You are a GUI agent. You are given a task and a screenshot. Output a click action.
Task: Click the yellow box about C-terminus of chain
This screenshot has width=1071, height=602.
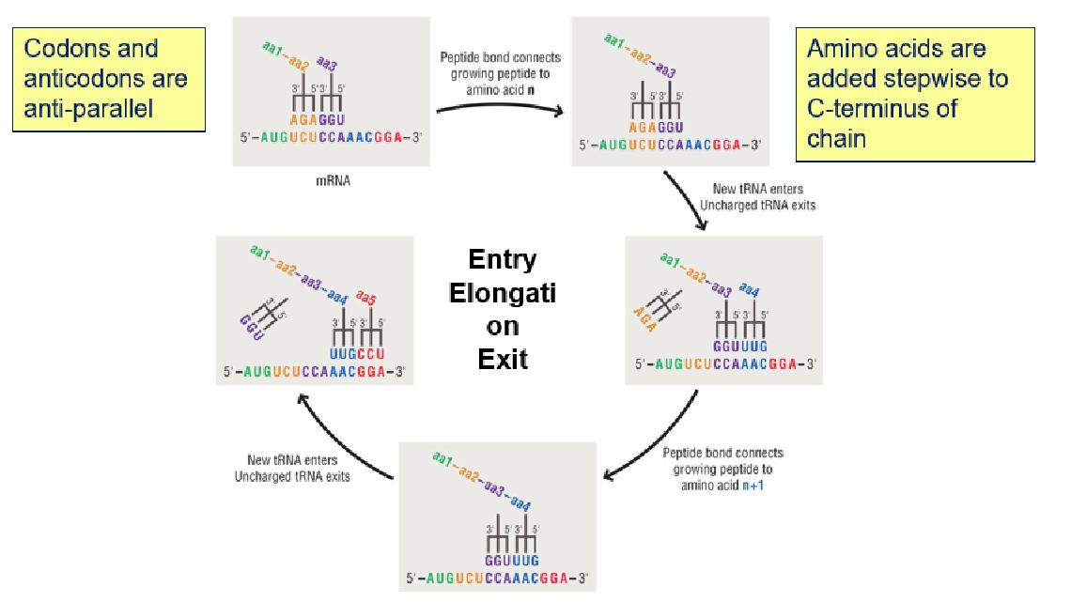914,94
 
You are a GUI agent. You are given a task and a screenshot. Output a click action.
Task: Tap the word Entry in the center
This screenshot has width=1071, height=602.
503,260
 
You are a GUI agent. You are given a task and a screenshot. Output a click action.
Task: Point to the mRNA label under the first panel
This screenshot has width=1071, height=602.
333,181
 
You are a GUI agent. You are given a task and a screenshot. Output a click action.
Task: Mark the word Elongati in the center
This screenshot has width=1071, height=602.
503,292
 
